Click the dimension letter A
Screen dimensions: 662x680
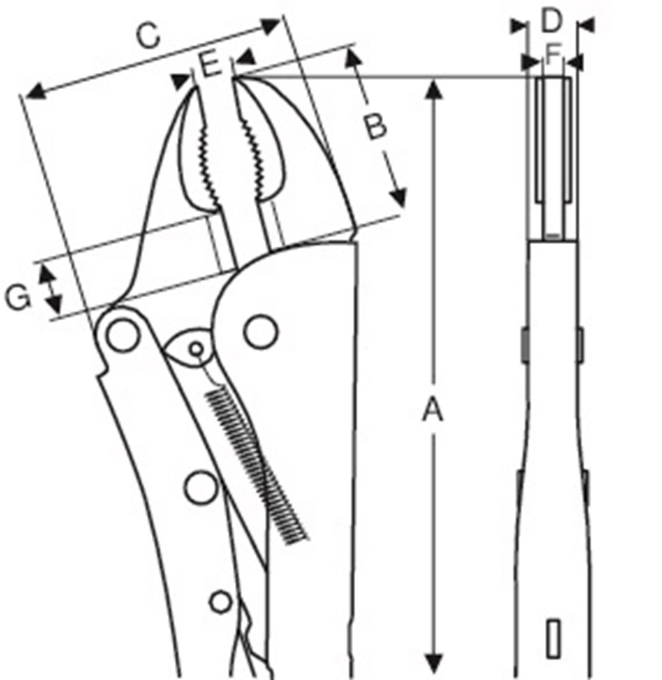click(433, 411)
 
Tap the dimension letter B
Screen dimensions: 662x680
click(375, 126)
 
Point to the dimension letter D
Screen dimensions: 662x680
click(551, 21)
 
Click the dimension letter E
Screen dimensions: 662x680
click(211, 65)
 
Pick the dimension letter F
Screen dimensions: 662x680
click(553, 56)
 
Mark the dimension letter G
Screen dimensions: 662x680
click(18, 297)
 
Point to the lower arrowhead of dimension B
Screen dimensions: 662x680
click(398, 197)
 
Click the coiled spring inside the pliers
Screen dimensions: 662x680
click(256, 464)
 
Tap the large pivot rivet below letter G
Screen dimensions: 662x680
click(122, 335)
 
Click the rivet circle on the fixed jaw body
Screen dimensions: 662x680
click(261, 332)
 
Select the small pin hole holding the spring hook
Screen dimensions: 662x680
click(196, 348)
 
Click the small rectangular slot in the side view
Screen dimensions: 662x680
click(552, 639)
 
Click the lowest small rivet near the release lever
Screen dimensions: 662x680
click(220, 602)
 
